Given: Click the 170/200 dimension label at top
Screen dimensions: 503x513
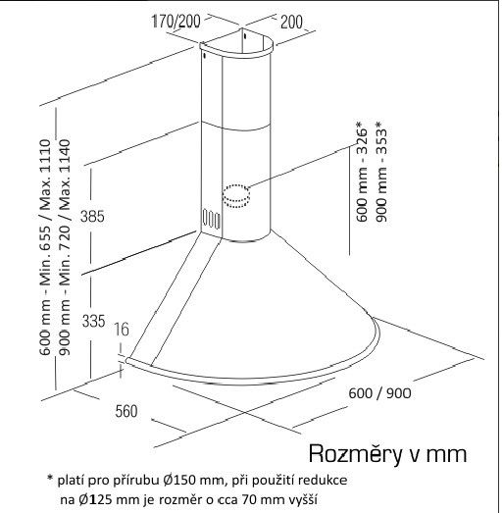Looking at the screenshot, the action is click(176, 22).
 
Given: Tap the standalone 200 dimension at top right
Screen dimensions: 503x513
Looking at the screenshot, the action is click(291, 22).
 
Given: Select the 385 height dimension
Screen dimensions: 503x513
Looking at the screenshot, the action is click(92, 217).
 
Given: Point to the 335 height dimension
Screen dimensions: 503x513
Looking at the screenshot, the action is click(93, 321).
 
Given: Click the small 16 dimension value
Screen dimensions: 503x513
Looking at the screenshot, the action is click(122, 330).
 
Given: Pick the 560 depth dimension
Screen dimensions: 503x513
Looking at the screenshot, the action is click(126, 411).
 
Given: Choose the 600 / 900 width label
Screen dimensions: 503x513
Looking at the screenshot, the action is click(379, 393).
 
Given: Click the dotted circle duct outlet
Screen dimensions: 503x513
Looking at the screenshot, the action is click(235, 196).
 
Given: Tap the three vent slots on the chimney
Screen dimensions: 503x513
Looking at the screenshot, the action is click(211, 219).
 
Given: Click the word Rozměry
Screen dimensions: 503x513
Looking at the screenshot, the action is click(355, 454).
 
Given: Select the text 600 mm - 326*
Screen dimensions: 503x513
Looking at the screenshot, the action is click(362, 172).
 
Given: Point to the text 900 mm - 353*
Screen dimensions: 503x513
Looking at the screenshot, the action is click(381, 172).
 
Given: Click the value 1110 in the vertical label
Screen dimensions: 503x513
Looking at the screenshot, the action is click(45, 155).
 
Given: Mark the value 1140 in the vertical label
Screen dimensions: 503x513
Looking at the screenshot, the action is click(65, 155).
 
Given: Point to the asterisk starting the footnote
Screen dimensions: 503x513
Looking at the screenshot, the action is click(50, 478).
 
